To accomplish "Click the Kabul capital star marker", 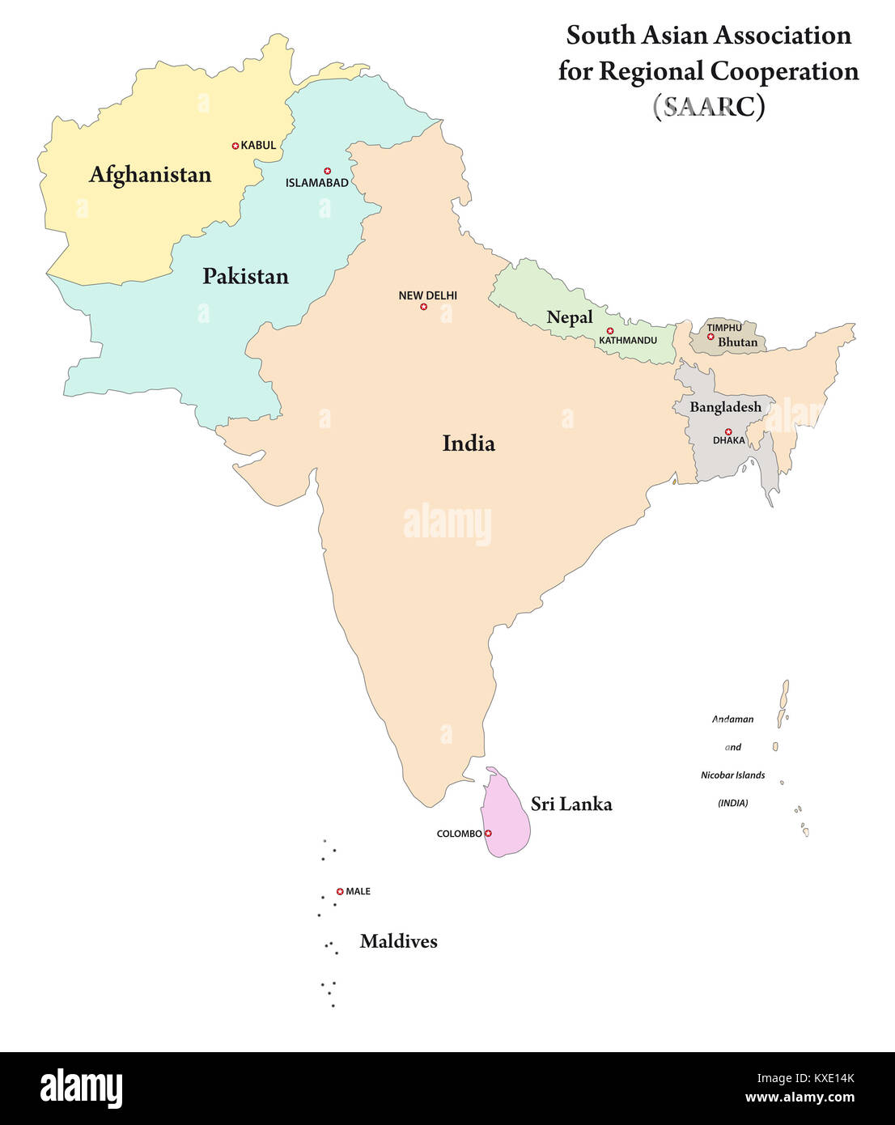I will coord(235,146).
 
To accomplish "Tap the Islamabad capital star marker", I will coord(328,171).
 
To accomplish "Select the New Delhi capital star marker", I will coord(423,307).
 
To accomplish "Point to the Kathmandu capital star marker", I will coord(610,330).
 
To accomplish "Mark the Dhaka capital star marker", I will coord(728,431).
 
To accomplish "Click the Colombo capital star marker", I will coord(488,833).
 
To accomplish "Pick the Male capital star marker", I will coord(340,891).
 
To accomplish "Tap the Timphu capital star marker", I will coord(710,337).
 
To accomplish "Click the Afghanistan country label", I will coord(150,175).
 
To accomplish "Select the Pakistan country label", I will coord(245,276).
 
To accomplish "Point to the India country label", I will coord(469,443).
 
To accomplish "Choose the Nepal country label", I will coord(570,317).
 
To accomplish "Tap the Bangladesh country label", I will coord(725,407).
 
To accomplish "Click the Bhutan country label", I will coord(738,342).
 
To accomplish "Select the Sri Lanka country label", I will coord(571,804).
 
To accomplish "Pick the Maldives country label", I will coord(398,941).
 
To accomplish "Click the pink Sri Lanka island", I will coord(506,817).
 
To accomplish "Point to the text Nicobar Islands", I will coord(732,775).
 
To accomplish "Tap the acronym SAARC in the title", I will coord(709,106).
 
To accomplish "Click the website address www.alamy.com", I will coord(800,1098).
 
